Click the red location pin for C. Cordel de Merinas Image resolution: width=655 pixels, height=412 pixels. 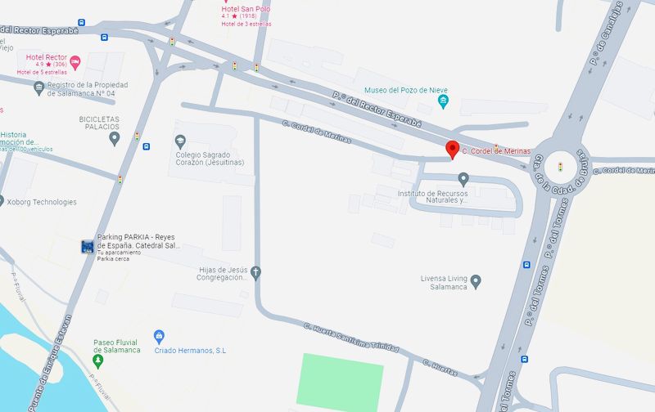pos(451,150)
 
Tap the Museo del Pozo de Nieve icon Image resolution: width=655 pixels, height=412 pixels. pos(444,101)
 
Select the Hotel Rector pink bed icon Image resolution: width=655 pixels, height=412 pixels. pos(75,61)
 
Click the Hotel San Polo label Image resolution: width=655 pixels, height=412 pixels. pos(246,9)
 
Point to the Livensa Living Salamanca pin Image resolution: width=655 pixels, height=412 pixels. pos(476,282)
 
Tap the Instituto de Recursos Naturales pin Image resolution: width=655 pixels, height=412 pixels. pos(463,178)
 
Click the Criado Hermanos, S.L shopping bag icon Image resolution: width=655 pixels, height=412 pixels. pos(160,336)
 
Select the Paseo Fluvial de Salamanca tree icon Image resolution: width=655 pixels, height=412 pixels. pos(99,360)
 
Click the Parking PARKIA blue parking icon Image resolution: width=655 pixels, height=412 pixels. pos(87,245)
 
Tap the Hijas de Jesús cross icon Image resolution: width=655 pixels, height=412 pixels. pos(255,271)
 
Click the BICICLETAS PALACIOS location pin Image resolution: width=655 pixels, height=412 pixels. pos(115,137)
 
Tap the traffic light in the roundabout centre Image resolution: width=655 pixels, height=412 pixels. pos(561,167)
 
